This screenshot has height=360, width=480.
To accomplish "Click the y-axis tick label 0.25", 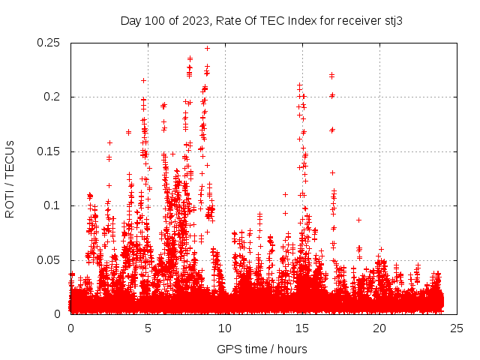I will coord(49,43).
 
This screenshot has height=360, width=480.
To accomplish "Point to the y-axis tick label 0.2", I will coord(53,97).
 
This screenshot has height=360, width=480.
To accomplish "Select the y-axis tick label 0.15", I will coord(49,151).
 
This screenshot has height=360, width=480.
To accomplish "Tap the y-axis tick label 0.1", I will coord(53,205).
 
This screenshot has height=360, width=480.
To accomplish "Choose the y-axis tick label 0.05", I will coord(49,259).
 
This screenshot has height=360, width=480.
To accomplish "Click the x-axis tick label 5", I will coord(148,328).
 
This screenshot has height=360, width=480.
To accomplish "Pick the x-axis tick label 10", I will coord(225,328).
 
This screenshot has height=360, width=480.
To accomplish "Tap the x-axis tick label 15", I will coord(302,328).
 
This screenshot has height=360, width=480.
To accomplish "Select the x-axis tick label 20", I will coord(379,328).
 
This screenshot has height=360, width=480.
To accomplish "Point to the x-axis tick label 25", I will coord(457,328).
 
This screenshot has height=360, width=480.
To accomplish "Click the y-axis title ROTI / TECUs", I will coord(10,178).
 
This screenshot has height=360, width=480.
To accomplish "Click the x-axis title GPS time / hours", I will coord(262,349).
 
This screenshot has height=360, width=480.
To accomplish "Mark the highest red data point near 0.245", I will coord(207,48).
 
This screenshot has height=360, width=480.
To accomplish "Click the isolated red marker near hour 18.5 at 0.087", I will coord(358,220).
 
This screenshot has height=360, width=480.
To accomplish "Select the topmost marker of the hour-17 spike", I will coord(331,74).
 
